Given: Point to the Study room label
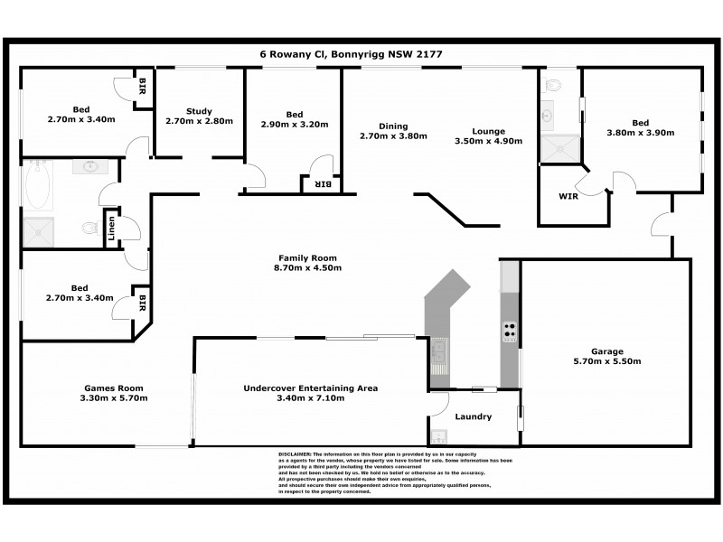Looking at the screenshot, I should coord(199,111).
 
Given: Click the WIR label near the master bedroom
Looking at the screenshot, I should coord(568,196).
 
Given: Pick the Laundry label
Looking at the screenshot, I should coord(474,416).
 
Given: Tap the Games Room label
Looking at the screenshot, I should coord(109,388).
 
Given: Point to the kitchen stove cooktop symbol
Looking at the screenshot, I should coord(510,332).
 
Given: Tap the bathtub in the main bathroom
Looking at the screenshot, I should coord(38,186).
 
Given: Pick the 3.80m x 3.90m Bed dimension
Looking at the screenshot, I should coord(641,133).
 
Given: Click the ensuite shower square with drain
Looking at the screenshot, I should coord(560,148).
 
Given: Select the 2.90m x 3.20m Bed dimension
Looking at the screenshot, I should coord(294,125).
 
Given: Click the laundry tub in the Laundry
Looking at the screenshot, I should coord(439,435).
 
